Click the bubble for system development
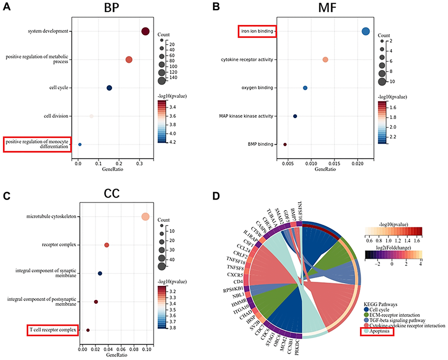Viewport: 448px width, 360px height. (x=145, y=31)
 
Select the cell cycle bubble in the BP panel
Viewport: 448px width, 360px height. (x=109, y=88)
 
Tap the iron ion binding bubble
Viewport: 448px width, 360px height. (x=365, y=31)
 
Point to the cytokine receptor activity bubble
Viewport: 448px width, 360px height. (x=325, y=60)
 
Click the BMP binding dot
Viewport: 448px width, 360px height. (x=285, y=144)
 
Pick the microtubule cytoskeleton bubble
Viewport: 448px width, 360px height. (x=145, y=217)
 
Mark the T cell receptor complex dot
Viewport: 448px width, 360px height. (x=88, y=330)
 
